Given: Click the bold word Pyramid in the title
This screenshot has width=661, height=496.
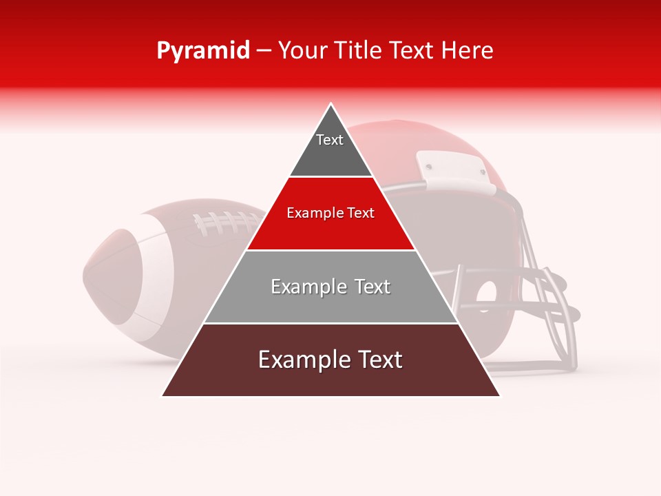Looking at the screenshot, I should [202, 51].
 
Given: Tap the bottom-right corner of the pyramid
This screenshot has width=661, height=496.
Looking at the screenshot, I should [499, 395].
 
